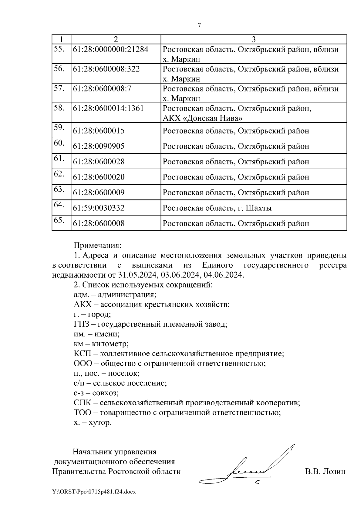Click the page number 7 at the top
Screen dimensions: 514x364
tap(199, 25)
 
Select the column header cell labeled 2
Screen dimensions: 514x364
tap(116, 39)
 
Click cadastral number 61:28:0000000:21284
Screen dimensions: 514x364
tap(111, 49)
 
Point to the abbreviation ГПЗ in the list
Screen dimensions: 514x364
tap(81, 324)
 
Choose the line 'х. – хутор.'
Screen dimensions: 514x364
tap(93, 423)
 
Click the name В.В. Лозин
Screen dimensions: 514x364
tap(325, 472)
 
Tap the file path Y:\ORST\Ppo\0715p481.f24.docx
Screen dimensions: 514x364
tap(94, 492)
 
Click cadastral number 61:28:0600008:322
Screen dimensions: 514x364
tap(106, 69)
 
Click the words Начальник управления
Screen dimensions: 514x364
tap(115, 452)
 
